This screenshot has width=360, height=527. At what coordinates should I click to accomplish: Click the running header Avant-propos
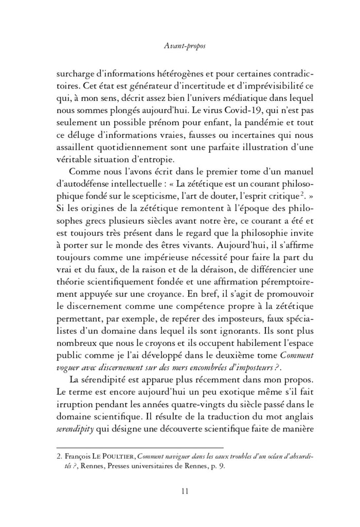(x=180, y=47)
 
